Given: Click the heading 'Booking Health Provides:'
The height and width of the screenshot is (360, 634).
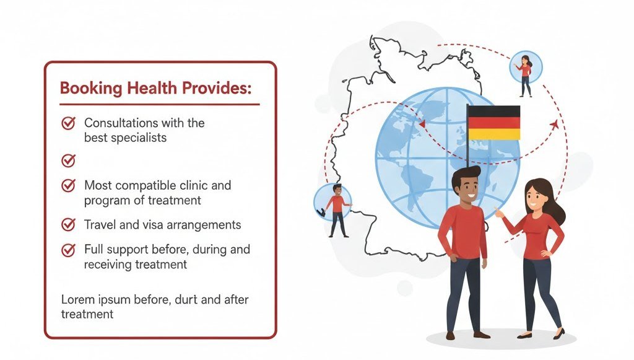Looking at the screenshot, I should [x=155, y=88].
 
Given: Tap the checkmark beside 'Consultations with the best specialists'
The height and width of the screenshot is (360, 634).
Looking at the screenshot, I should [x=69, y=123].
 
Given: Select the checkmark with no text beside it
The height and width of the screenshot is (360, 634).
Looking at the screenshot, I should [x=69, y=160].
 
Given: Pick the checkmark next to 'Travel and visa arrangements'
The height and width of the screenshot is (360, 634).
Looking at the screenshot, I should [x=69, y=224].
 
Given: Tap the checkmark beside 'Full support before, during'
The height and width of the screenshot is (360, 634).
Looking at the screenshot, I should [x=69, y=250].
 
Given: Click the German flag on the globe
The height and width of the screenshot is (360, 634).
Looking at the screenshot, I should [x=493, y=123].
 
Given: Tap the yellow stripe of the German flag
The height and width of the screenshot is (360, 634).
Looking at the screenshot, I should [x=493, y=134].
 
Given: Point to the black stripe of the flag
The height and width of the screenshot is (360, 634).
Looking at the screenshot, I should [x=493, y=111].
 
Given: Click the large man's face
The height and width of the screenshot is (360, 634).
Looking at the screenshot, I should [x=466, y=187].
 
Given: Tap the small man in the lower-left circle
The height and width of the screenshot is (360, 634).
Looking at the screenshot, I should [x=336, y=208].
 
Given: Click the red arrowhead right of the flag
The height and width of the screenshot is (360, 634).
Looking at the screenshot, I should [x=553, y=126].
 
